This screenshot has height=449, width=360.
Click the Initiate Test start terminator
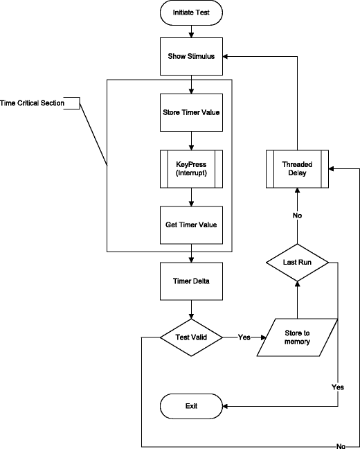(x=191, y=12)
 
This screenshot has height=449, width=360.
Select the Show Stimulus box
(x=191, y=56)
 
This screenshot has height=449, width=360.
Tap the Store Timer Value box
(x=191, y=112)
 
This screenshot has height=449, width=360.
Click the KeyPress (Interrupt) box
(x=191, y=168)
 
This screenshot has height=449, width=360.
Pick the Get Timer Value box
(x=191, y=224)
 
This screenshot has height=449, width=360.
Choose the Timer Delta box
(x=191, y=281)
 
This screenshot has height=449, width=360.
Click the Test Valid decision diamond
(x=191, y=337)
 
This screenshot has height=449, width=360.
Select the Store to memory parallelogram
(x=297, y=337)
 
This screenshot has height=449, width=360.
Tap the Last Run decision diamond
(x=297, y=263)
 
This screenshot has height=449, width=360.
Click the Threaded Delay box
(x=297, y=168)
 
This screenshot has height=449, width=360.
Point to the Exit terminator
(x=191, y=405)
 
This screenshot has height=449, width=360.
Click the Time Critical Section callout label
(x=33, y=103)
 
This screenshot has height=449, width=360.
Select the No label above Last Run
(x=297, y=215)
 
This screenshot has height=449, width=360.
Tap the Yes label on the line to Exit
(x=338, y=387)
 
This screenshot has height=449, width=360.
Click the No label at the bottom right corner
(x=341, y=445)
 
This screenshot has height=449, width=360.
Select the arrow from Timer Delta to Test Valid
(x=191, y=309)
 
